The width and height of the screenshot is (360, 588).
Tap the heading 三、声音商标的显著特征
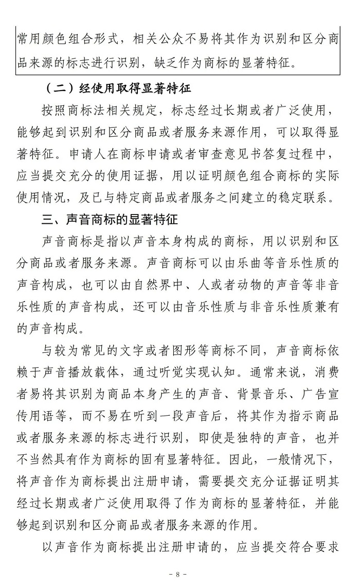tap(110, 220)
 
